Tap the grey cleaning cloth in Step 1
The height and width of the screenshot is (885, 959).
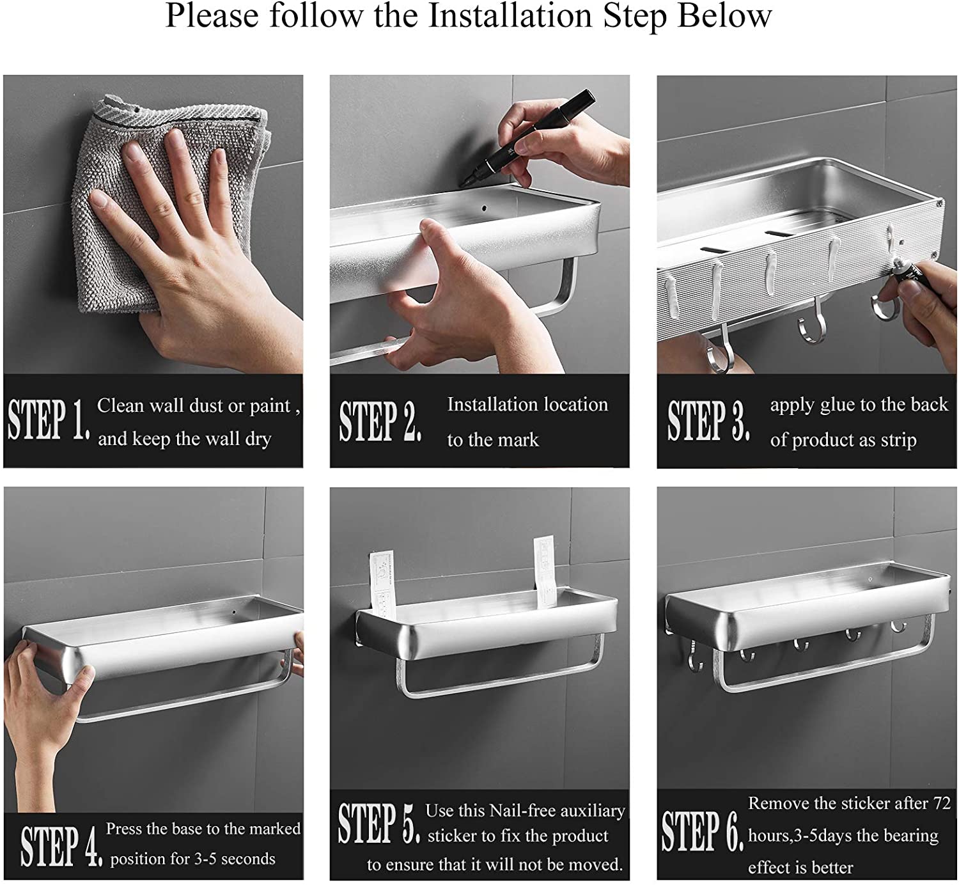click(164, 203)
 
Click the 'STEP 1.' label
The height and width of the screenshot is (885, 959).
click(49, 419)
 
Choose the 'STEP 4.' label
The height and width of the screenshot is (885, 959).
click(61, 845)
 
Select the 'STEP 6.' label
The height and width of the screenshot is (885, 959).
click(703, 831)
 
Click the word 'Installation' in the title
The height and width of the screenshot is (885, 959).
click(510, 16)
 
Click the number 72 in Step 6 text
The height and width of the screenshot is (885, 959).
click(942, 803)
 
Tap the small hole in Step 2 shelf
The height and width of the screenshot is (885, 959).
click(484, 208)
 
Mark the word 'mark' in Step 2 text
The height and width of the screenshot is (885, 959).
click(518, 440)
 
